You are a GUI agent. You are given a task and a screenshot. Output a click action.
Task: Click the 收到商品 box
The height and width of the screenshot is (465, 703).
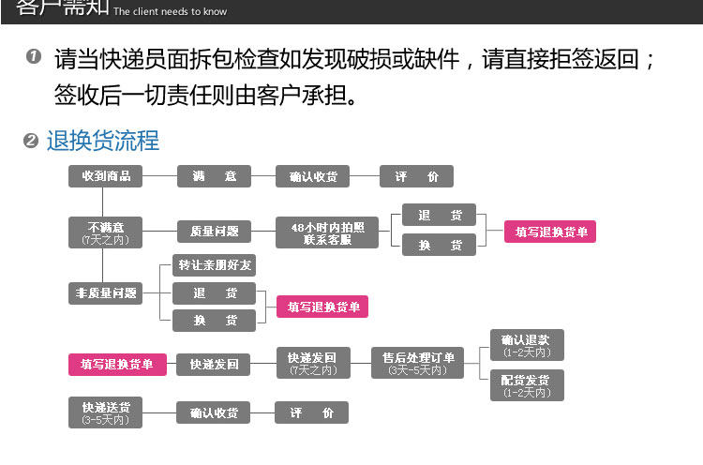pyautogui.click(x=106, y=176)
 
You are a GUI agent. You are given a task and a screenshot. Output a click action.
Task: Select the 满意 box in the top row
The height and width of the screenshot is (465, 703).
pyautogui.click(x=214, y=176)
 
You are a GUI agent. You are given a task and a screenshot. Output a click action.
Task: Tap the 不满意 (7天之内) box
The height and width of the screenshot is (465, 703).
pyautogui.click(x=106, y=232)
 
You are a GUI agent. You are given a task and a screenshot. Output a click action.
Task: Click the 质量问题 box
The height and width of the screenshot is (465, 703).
pyautogui.click(x=214, y=231)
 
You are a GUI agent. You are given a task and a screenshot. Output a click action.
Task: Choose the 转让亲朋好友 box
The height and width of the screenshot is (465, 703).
pyautogui.click(x=214, y=265)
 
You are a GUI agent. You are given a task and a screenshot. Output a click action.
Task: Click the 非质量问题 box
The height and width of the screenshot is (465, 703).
pyautogui.click(x=106, y=293)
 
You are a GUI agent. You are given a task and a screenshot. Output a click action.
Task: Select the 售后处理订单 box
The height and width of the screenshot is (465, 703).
pyautogui.click(x=418, y=363)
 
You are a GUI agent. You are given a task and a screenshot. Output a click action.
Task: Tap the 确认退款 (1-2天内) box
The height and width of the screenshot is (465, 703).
pyautogui.click(x=527, y=345)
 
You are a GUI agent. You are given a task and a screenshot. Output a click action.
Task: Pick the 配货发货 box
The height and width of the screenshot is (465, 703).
pyautogui.click(x=527, y=384)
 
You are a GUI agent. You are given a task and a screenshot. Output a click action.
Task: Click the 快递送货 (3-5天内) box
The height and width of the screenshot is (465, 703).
pyautogui.click(x=106, y=412)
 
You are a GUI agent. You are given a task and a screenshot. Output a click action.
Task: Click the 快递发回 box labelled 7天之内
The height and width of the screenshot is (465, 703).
pyautogui.click(x=312, y=363)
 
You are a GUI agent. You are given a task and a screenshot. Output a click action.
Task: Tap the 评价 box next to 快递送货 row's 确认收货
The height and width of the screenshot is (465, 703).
pyautogui.click(x=311, y=412)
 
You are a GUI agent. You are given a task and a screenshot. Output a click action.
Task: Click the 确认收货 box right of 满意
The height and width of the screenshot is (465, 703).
pyautogui.click(x=313, y=176)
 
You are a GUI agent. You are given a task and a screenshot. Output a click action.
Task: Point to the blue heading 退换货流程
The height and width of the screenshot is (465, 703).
pyautogui.click(x=103, y=142)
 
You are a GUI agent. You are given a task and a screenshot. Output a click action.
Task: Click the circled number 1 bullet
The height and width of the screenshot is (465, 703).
pyautogui.click(x=34, y=58)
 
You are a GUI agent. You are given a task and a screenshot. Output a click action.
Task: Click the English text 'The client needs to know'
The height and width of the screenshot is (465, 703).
pyautogui.click(x=170, y=12)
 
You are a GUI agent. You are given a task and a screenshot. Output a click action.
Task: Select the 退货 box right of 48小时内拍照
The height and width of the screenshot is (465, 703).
pyautogui.click(x=440, y=216)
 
